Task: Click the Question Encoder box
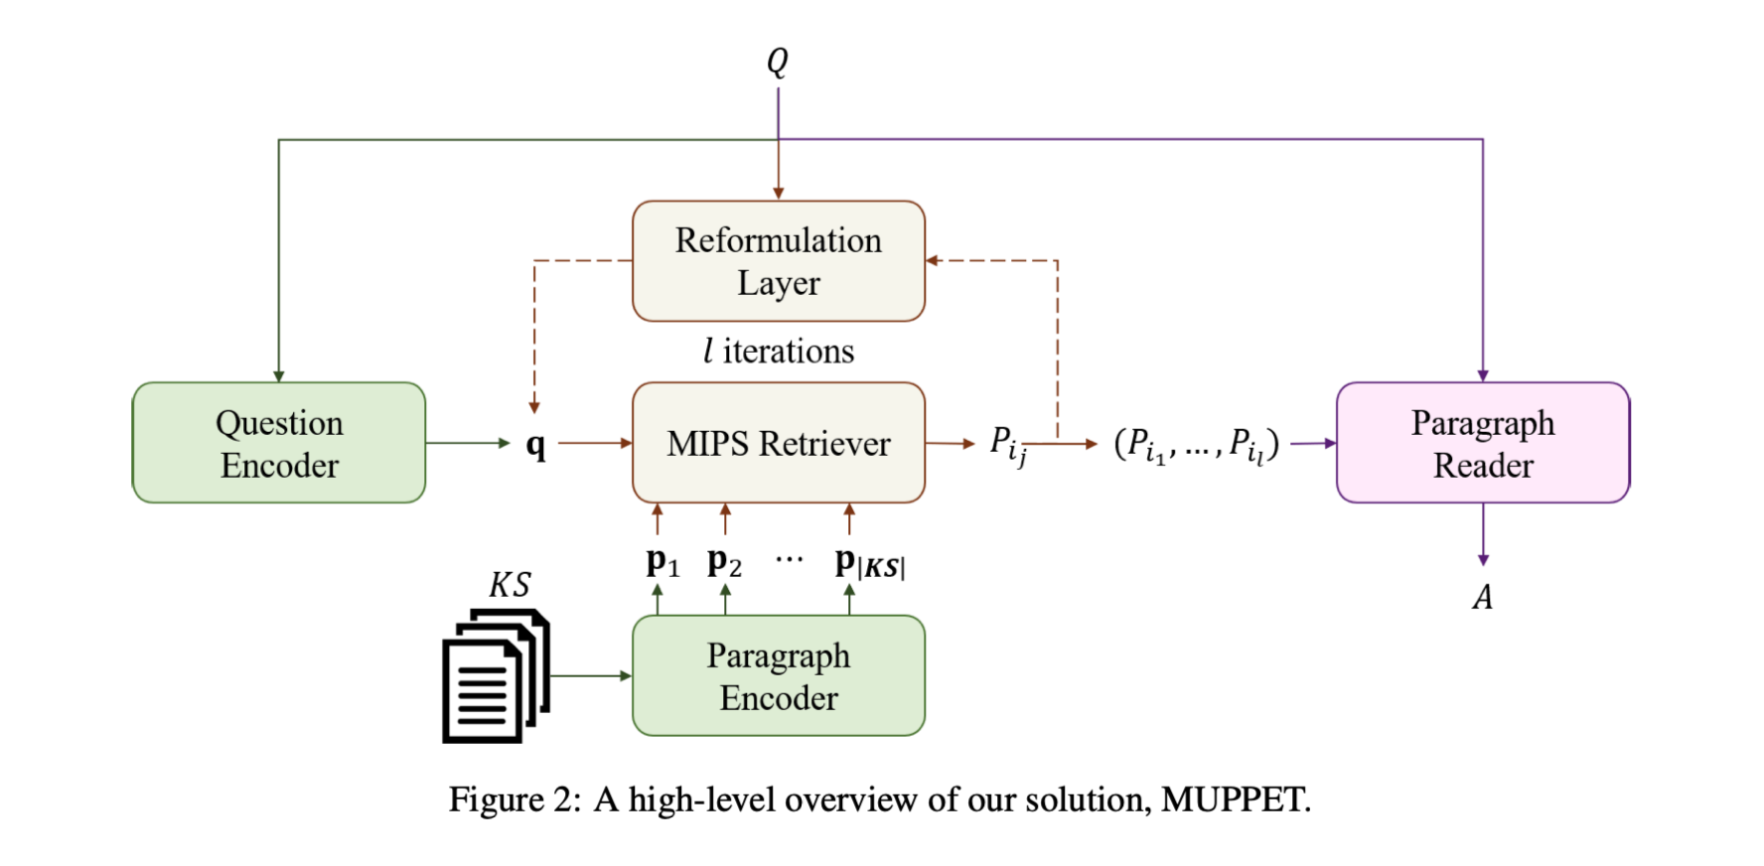[x=279, y=443]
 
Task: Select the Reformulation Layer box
[x=779, y=261]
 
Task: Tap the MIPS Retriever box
[x=779, y=443]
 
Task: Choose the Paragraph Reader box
[x=1483, y=443]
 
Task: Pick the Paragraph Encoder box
[x=779, y=675]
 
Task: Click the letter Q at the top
[x=778, y=62]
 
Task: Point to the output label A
[x=1483, y=597]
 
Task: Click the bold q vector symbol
[x=536, y=445]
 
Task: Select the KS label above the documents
[x=510, y=585]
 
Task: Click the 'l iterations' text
[x=779, y=352]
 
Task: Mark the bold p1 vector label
[x=661, y=563]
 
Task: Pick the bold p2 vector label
[x=724, y=563]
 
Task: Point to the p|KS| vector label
[x=869, y=563]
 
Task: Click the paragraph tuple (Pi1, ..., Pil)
[x=1196, y=445]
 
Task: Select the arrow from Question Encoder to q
[x=467, y=443]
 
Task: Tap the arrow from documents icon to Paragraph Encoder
[x=590, y=675]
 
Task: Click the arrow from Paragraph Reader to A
[x=1483, y=534]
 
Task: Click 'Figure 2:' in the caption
[x=514, y=799]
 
